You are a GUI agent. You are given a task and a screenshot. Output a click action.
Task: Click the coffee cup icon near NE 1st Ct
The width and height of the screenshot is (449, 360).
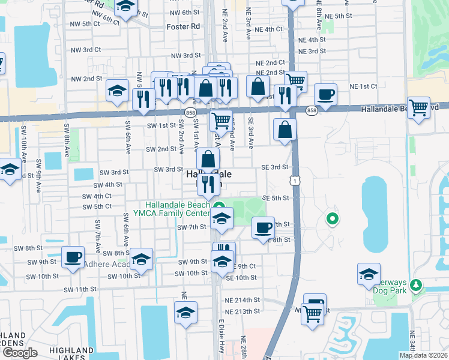click(325, 95)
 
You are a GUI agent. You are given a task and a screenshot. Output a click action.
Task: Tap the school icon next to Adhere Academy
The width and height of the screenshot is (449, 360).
click(142, 259)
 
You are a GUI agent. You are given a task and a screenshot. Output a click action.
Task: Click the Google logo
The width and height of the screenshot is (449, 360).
click(20, 352)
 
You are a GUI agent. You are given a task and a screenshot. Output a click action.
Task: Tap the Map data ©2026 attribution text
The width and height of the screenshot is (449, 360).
click(423, 355)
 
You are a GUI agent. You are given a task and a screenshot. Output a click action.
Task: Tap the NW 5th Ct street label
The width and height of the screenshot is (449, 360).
click(82, 23)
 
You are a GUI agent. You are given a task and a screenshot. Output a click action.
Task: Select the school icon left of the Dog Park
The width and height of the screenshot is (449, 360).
click(369, 274)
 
